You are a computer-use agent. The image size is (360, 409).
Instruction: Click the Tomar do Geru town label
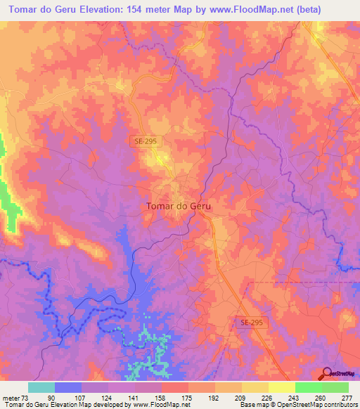[x=179, y=207]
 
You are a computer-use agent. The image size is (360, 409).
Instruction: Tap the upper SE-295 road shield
[x=148, y=141]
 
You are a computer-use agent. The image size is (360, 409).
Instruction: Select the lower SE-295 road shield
[x=249, y=321]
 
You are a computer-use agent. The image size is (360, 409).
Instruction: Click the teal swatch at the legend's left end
[x=41, y=387]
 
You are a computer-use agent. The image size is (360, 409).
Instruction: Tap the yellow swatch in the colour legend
[x=281, y=387]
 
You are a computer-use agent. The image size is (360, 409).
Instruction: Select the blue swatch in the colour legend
[x=68, y=387]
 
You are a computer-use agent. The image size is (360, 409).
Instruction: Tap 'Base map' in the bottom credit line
[x=252, y=405]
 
